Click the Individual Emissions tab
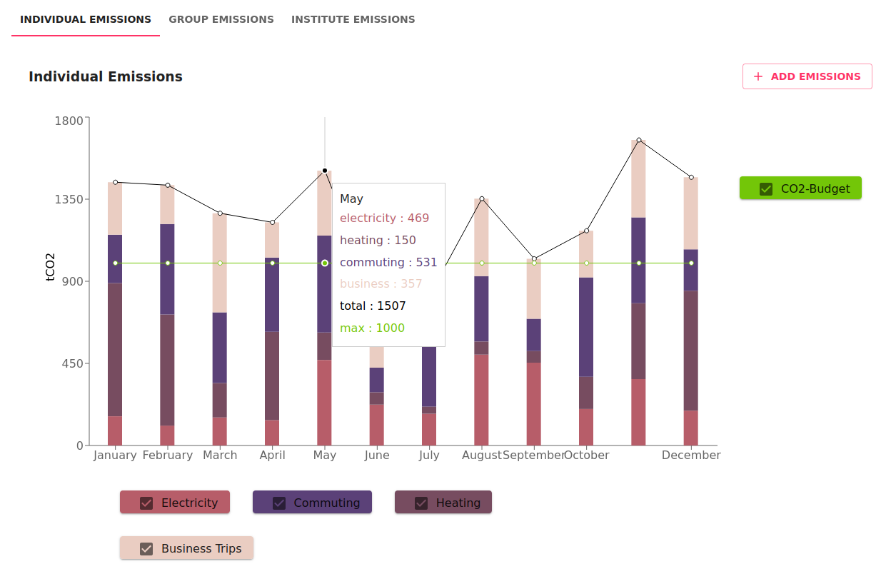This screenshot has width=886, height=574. [86, 19]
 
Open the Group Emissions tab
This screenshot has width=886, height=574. [221, 19]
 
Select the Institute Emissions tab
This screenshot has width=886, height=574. [353, 19]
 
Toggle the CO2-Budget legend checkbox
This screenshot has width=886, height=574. [767, 189]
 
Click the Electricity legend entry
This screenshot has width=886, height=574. [175, 503]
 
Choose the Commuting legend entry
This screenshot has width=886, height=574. [312, 503]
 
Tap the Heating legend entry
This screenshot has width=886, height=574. [443, 503]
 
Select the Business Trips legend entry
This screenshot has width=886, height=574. [186, 548]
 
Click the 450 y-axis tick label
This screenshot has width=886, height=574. [73, 363]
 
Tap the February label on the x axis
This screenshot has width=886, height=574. [168, 455]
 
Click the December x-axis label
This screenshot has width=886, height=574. [691, 455]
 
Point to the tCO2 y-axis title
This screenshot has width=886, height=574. [51, 267]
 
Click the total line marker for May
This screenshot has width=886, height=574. [325, 171]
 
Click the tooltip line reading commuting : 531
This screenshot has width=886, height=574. [388, 262]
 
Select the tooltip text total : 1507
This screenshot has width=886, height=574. [373, 306]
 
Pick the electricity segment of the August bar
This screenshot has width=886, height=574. [482, 400]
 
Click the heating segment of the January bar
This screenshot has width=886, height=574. [115, 350]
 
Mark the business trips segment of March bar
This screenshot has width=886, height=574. [220, 263]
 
